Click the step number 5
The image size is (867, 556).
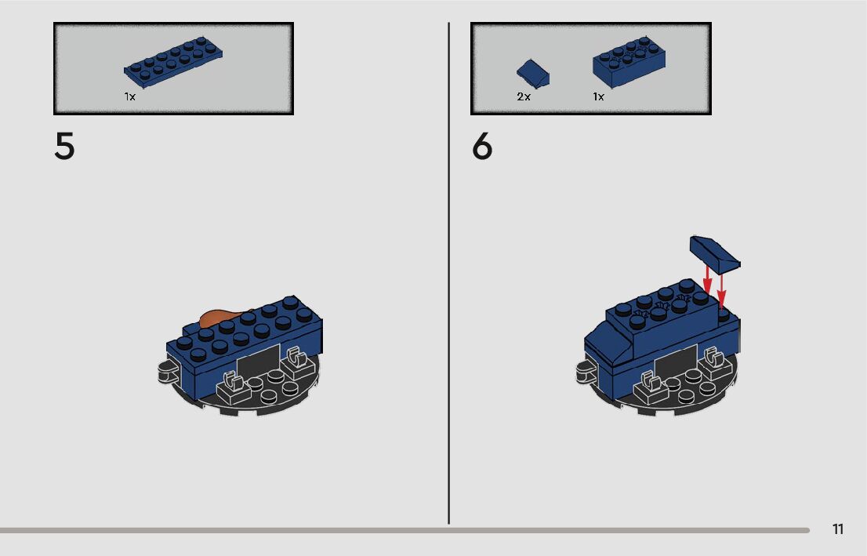pos(64,146)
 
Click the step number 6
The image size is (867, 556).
pos(481,146)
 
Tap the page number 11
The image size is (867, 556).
pos(838,529)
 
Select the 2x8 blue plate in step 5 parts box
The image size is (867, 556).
pos(173,62)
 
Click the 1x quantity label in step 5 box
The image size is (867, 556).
pos(130,96)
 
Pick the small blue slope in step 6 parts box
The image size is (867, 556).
pos(533,74)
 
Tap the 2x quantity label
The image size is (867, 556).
pos(524,96)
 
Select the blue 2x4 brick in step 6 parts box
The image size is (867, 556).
pos(629,62)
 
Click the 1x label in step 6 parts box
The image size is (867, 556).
pos(599,96)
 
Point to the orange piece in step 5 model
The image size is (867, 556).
pos(221,317)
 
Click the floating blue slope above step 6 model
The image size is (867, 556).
pos(715,254)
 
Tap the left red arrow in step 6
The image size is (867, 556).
pos(707,279)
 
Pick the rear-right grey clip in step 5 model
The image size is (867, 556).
pos(297,362)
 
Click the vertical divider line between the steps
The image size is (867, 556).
pos(448,274)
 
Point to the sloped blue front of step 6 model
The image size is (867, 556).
pos(607,343)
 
